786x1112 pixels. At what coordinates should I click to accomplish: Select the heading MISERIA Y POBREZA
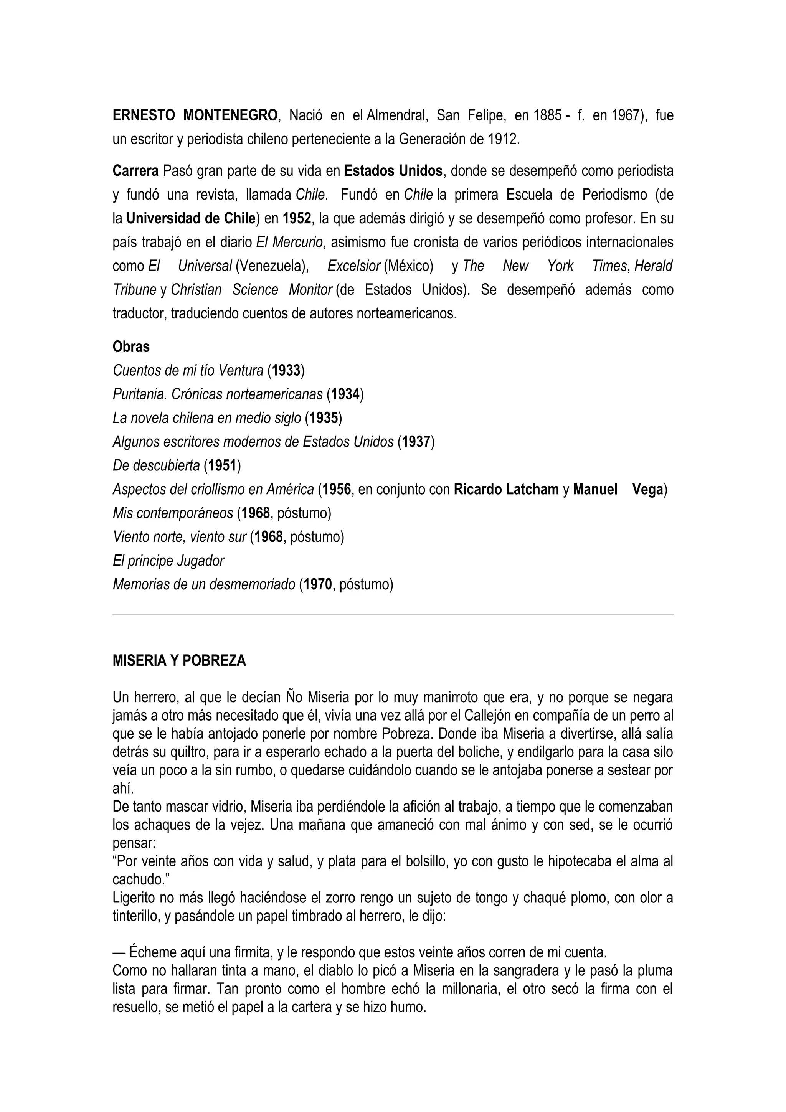tap(179, 661)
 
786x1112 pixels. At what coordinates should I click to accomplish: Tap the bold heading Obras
tap(131, 347)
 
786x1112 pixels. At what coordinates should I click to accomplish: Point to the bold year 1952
tap(297, 218)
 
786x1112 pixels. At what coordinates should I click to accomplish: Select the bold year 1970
tap(318, 584)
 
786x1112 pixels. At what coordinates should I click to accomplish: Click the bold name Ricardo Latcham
tap(506, 490)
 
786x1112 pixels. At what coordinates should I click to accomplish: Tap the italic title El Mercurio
tap(289, 242)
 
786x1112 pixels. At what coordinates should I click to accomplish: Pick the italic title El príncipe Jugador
tap(168, 561)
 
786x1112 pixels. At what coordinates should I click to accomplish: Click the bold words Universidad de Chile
tap(191, 218)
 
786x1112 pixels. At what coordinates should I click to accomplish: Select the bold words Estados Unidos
tap(393, 171)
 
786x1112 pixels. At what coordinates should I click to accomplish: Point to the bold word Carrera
tap(135, 171)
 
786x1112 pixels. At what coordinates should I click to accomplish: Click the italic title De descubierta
tap(156, 465)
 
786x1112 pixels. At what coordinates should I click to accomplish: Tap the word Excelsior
tap(353, 266)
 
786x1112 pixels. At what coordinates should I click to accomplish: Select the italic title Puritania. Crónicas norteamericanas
tap(218, 394)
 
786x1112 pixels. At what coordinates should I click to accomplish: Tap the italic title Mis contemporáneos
tap(172, 513)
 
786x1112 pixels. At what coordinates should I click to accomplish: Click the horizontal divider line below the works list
tap(393, 615)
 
